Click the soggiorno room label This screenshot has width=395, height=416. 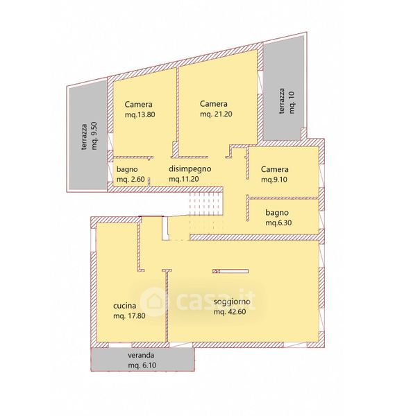pyautogui.click(x=232, y=302)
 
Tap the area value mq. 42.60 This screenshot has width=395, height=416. pyautogui.click(x=230, y=312)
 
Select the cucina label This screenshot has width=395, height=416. pyautogui.click(x=124, y=306)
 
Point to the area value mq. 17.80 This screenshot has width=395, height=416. pyautogui.click(x=129, y=316)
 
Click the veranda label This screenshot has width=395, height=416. pyautogui.click(x=141, y=355)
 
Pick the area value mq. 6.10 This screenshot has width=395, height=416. pyautogui.click(x=142, y=365)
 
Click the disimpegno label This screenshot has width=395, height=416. pyautogui.click(x=190, y=169)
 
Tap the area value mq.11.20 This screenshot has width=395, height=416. pyautogui.click(x=184, y=179)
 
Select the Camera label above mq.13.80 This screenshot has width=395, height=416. pyautogui.click(x=138, y=104)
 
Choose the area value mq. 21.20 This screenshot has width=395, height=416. pyautogui.click(x=216, y=114)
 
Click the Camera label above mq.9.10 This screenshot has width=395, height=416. pyautogui.click(x=275, y=169)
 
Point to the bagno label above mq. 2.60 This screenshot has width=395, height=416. pyautogui.click(x=127, y=169)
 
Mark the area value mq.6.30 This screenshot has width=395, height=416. pyautogui.click(x=278, y=223)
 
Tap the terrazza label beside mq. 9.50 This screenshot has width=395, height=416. pyautogui.click(x=84, y=137)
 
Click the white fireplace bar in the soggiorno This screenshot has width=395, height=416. pyautogui.click(x=230, y=271)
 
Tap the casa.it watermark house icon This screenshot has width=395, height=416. pyautogui.click(x=153, y=302)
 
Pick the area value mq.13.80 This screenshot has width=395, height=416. pyautogui.click(x=140, y=115)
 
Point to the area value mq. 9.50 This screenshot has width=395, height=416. pyautogui.click(x=94, y=136)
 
